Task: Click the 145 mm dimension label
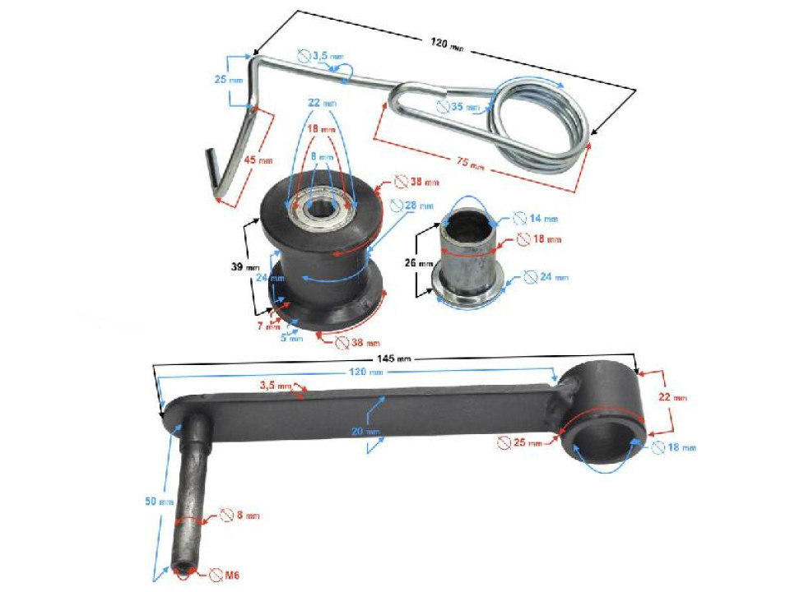click(x=394, y=359)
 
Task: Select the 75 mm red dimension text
click(x=474, y=164)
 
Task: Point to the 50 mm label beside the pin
click(x=163, y=502)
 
